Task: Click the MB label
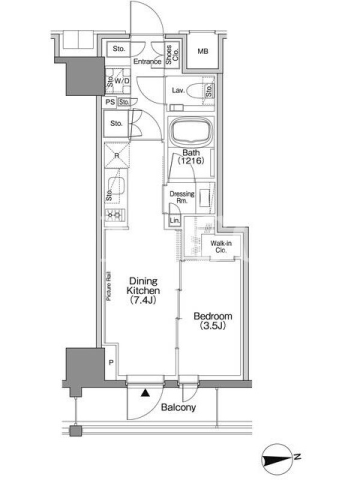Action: click(203, 51)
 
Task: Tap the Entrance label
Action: click(147, 61)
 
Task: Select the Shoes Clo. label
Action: click(172, 55)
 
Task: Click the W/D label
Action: click(122, 81)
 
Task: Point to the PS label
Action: click(110, 101)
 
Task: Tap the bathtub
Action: click(191, 131)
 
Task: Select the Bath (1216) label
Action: click(191, 157)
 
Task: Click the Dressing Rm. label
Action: click(182, 197)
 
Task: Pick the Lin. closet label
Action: click(175, 220)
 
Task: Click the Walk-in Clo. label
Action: click(221, 247)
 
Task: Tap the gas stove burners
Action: click(115, 215)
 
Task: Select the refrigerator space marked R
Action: click(117, 155)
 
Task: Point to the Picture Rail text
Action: click(109, 286)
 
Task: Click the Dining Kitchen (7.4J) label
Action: click(143, 290)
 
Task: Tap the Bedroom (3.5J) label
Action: click(213, 320)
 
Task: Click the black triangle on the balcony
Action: click(145, 393)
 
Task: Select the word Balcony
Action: click(178, 407)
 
